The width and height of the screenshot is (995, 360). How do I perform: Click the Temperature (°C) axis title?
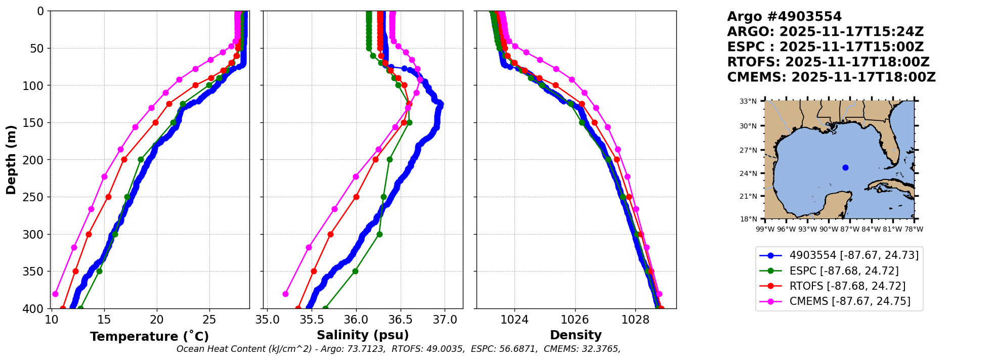pos(149,337)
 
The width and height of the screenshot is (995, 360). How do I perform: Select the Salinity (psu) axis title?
pos(363,335)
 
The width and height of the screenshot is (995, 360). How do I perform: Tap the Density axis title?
pos(576,335)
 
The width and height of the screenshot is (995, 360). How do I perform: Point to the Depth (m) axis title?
pos(11,160)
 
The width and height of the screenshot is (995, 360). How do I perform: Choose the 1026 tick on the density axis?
pos(575,320)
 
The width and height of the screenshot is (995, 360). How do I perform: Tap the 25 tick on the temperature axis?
pos(209,320)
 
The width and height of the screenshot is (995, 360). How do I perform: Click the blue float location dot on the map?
pos(845,167)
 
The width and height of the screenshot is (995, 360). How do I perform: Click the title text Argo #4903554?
pos(784,17)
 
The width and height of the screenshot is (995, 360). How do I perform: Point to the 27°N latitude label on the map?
pos(748,150)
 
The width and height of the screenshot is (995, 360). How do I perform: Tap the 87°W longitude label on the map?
pos(850,229)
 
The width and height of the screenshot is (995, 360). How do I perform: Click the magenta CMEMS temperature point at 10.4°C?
pos(55,294)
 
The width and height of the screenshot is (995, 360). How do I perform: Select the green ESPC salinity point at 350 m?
pos(355,271)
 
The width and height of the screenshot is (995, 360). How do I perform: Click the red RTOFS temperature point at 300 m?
pos(89,234)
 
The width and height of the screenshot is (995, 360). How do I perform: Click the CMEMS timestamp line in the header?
pos(831,77)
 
